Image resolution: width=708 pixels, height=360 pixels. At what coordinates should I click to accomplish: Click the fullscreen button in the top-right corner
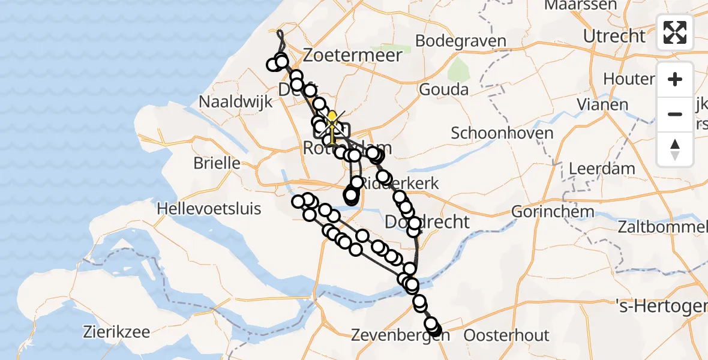(675, 32)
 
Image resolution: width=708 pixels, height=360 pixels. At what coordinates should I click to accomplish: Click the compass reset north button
(675, 149)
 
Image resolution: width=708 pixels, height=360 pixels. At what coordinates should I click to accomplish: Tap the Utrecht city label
(614, 37)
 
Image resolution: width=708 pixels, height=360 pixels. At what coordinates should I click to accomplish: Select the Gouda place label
(443, 90)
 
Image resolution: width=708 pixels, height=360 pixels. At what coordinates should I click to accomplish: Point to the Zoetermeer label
(352, 56)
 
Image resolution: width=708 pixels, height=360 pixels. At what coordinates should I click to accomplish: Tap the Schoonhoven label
(502, 133)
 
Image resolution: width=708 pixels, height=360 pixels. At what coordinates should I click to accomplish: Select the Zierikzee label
(116, 331)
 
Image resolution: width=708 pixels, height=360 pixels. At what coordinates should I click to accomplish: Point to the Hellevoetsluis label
(209, 209)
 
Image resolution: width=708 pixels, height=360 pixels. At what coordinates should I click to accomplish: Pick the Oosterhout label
(506, 335)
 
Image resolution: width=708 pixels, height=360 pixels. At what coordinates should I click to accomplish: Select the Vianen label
(602, 104)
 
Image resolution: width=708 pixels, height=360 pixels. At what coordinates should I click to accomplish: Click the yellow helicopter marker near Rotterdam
(331, 120)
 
